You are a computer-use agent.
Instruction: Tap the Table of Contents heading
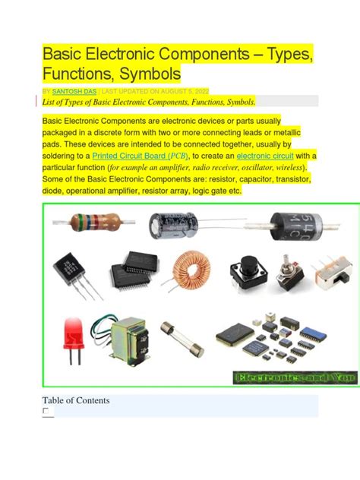76,400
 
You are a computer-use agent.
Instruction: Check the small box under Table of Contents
46,411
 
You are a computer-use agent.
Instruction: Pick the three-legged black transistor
69,270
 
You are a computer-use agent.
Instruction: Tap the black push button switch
248,267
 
